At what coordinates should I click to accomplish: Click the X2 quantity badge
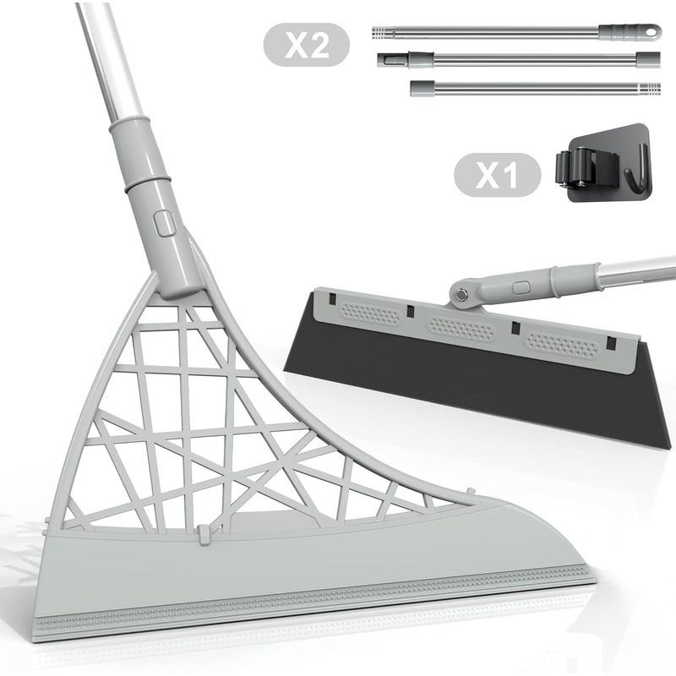pyautogui.click(x=307, y=45)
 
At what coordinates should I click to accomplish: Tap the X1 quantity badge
pyautogui.click(x=497, y=175)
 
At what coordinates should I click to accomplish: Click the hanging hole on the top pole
pyautogui.click(x=652, y=31)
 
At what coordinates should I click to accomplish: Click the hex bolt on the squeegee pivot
pyautogui.click(x=461, y=294)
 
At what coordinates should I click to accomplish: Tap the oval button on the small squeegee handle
pyautogui.click(x=521, y=286)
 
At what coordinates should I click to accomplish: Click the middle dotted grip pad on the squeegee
pyautogui.click(x=461, y=329)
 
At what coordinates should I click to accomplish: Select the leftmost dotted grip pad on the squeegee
pyautogui.click(x=370, y=313)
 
